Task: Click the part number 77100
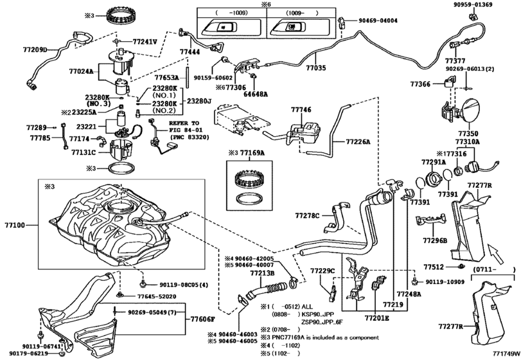14,226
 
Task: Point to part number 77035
315,67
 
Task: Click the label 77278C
306,216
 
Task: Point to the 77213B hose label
263,273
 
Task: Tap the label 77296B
435,240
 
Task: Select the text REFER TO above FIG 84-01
186,122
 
